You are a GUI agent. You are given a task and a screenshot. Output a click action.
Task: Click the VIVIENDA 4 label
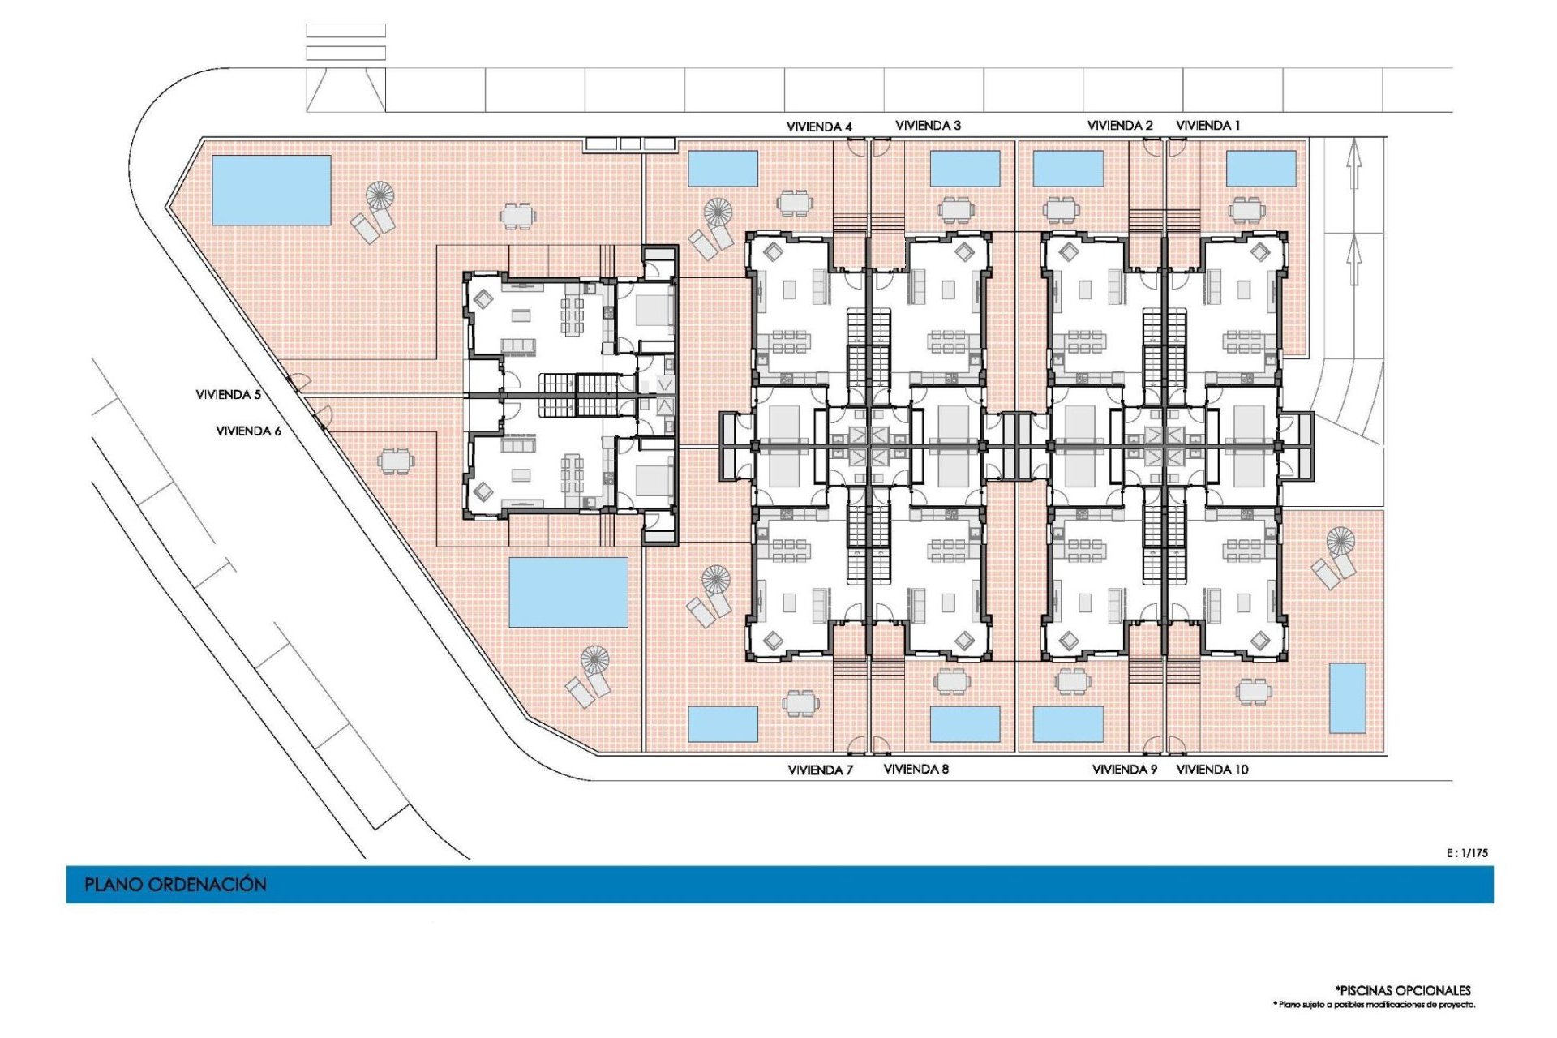(x=819, y=127)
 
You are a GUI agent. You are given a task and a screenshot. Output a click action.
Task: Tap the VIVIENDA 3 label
(x=928, y=125)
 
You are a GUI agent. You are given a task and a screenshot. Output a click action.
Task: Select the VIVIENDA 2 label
(x=1119, y=125)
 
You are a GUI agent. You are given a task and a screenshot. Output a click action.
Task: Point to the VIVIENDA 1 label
(x=1207, y=125)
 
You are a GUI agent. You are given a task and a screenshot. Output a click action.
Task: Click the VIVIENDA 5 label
(x=228, y=394)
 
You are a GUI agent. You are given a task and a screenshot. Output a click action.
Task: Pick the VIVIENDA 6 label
(x=248, y=431)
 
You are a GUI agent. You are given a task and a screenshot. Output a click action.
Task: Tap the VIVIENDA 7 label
(x=820, y=770)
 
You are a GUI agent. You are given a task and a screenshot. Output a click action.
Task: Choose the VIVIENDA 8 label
(x=916, y=769)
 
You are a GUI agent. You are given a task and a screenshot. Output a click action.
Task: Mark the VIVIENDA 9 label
(x=1124, y=770)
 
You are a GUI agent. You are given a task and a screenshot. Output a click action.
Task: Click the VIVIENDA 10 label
(x=1212, y=770)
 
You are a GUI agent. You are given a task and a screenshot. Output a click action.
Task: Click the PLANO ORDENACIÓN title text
(x=175, y=884)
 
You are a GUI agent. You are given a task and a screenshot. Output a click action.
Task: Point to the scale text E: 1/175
(x=1467, y=852)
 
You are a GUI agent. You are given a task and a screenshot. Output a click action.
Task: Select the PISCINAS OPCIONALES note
(x=1403, y=990)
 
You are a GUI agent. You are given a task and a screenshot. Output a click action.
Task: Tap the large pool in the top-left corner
(x=271, y=190)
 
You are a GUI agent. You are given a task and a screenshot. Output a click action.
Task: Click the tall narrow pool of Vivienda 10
(x=1347, y=697)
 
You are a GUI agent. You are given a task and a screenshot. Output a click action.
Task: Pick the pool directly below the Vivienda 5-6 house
(x=568, y=592)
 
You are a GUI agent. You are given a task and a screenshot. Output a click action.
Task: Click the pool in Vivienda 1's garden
(x=1261, y=169)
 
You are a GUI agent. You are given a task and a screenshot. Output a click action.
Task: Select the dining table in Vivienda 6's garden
(x=396, y=461)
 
